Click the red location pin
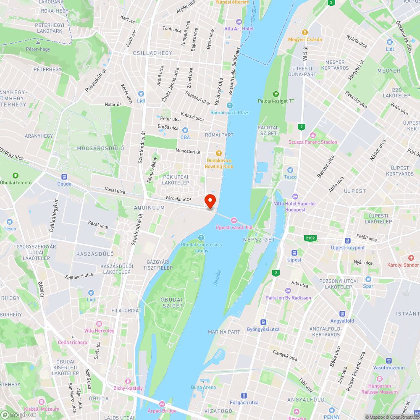click(x=210, y=201)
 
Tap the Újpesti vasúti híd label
click(x=234, y=227)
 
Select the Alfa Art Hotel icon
click(x=239, y=21)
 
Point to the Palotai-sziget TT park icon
click(x=276, y=94)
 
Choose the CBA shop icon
click(x=185, y=130)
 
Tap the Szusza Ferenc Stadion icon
click(x=312, y=135)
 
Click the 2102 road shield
click(x=310, y=238)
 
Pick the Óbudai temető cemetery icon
click(x=16, y=175)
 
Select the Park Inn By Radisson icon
click(x=288, y=291)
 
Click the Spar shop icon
click(x=368, y=279)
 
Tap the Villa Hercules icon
click(x=99, y=324)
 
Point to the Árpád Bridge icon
click(x=162, y=403)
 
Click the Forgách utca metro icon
click(x=244, y=395)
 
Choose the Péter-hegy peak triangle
click(x=38, y=42)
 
